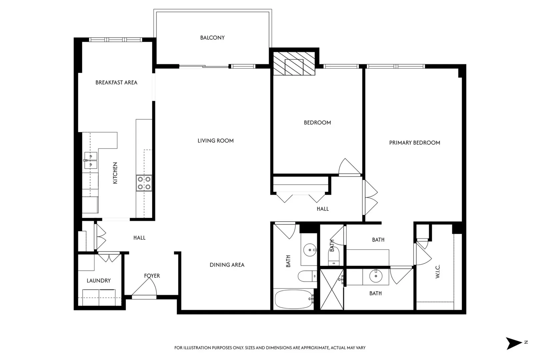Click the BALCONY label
pos(212,38)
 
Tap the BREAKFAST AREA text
pos(116,82)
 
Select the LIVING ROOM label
pos(216,141)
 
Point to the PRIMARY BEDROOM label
pos(414,143)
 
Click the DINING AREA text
pos(227,265)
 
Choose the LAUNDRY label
pos(99,280)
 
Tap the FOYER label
pos(152,276)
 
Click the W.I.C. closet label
pos(438,272)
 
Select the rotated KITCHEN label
pos(115,173)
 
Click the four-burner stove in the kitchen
pos(144,183)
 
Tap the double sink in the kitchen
pos(91,160)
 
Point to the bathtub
pos(294,299)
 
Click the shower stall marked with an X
pos(332,289)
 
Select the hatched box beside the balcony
pos(294,63)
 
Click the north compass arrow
pos(514,343)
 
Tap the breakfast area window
pos(115,40)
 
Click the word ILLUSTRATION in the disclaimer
pos(196,348)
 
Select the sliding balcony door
pos(204,66)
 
